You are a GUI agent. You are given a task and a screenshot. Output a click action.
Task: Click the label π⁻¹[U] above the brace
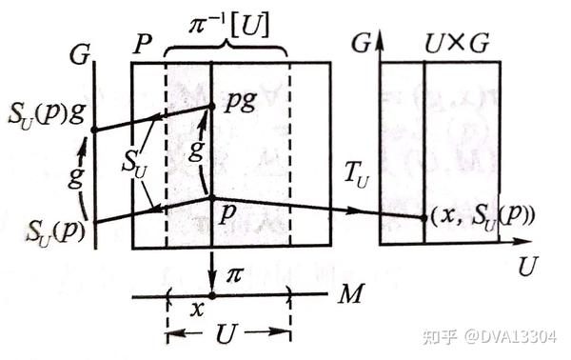[229, 27]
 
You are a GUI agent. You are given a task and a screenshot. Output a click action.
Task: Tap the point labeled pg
[211, 107]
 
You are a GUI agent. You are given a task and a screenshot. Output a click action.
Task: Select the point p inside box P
[211, 198]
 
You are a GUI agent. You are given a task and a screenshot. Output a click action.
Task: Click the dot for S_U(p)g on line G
[94, 130]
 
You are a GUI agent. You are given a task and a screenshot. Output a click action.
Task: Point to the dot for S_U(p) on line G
[95, 221]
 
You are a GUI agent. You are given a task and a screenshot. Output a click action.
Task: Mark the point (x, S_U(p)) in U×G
[423, 218]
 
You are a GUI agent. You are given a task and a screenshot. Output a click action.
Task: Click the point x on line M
[212, 296]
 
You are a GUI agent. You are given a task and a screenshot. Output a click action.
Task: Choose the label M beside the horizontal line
[350, 293]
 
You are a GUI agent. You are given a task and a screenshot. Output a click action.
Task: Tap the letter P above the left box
[143, 45]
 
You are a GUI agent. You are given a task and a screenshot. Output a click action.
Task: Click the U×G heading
[457, 44]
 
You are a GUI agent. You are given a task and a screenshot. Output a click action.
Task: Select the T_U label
[357, 177]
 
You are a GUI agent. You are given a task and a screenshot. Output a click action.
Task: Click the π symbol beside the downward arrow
[234, 275]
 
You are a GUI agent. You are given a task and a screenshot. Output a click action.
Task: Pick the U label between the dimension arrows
[227, 333]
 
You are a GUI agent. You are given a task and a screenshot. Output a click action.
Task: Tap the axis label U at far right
[527, 267]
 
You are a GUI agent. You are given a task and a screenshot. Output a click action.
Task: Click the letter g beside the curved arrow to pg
[196, 150]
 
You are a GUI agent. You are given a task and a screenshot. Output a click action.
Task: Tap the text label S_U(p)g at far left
[47, 115]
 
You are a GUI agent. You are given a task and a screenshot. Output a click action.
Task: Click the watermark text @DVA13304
[510, 337]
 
